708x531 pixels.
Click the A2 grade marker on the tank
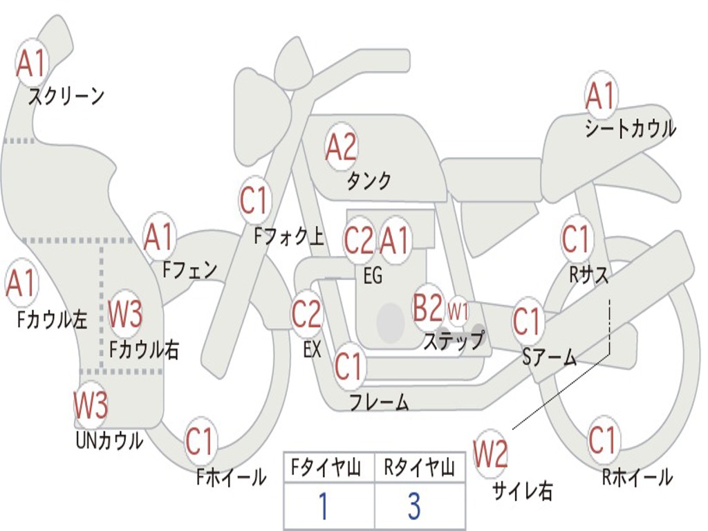[341, 147]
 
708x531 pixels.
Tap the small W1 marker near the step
[458, 311]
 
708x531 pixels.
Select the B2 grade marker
[429, 307]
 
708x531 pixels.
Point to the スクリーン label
[66, 96]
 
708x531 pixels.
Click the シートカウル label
[631, 128]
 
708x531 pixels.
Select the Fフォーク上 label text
[288, 236]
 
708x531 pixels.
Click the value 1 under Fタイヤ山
[324, 505]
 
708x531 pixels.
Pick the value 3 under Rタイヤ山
[414, 505]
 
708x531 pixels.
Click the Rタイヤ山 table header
[419, 467]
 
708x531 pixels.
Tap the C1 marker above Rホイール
[602, 439]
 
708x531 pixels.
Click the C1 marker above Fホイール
[199, 440]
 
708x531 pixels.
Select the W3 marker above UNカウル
[91, 404]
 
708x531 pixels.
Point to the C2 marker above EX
[306, 313]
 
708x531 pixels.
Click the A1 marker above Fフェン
[158, 236]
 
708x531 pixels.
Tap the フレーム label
[380, 402]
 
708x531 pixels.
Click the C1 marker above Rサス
[576, 239]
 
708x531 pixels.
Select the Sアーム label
[550, 357]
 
